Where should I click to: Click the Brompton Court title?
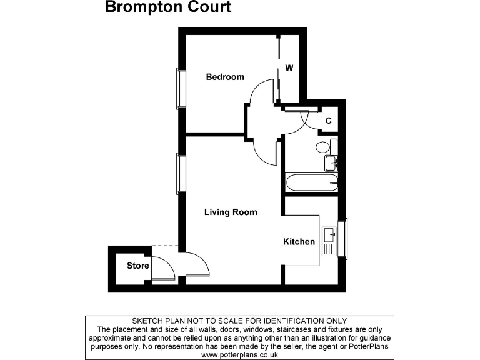168,8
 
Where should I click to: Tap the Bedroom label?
225,77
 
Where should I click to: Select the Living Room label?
231,212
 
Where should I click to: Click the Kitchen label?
299,241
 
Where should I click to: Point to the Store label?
138,266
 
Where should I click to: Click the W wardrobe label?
289,67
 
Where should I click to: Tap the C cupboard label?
328,120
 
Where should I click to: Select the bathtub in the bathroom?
311,184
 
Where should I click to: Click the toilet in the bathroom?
323,147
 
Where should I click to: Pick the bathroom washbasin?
331,162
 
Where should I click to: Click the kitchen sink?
329,236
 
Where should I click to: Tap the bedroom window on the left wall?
181,88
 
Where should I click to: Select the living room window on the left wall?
181,173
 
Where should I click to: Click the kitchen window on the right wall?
342,237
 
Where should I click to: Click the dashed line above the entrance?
165,246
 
